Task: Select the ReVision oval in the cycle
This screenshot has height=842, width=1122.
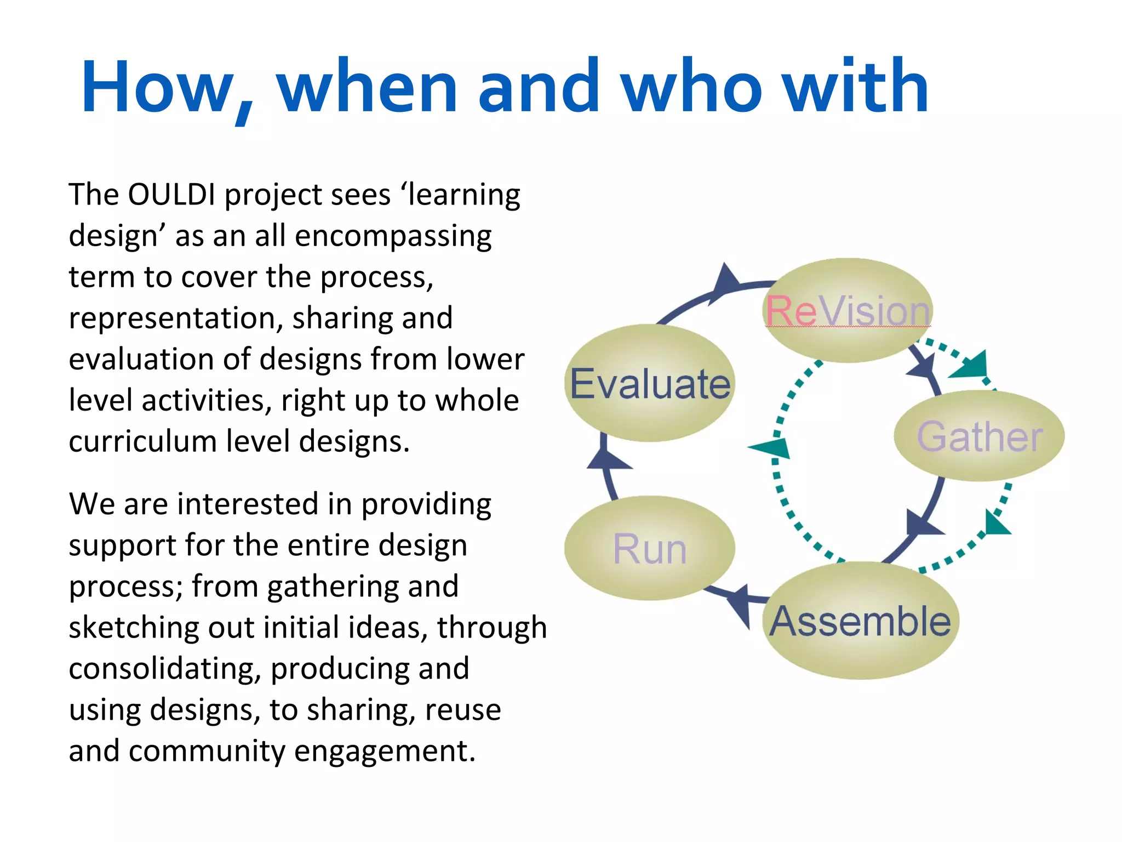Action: [x=847, y=310]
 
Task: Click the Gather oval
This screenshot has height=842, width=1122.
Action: [x=979, y=436]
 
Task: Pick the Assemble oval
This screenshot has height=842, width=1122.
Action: [x=860, y=621]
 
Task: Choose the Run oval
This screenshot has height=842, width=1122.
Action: [x=649, y=548]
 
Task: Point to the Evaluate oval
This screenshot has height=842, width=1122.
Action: [x=650, y=383]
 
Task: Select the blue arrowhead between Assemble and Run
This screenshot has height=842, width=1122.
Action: [x=741, y=603]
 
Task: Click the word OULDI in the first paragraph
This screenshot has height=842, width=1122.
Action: [x=171, y=195]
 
